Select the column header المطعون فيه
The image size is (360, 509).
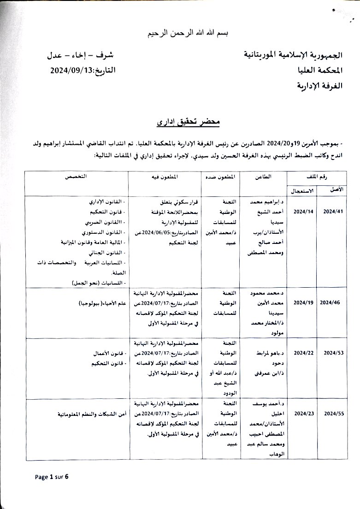[165, 177]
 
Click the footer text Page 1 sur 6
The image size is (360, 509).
[52, 476]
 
